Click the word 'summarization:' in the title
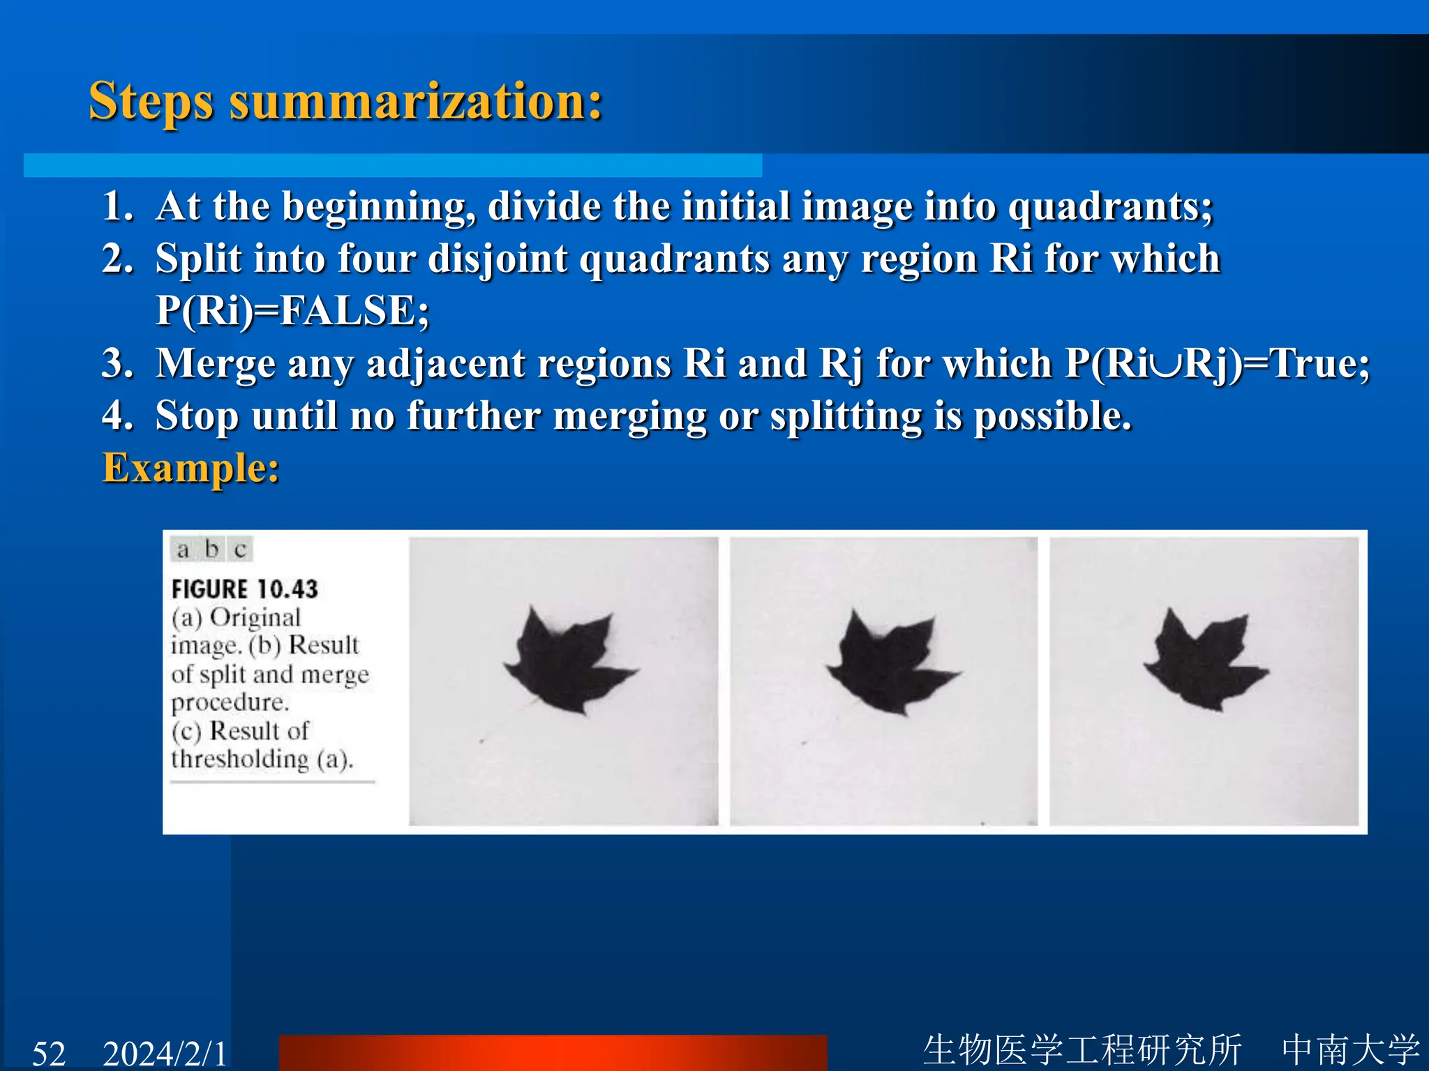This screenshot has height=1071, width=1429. (x=416, y=102)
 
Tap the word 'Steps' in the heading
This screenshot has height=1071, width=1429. (x=151, y=102)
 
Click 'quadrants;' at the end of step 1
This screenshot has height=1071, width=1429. (x=1111, y=206)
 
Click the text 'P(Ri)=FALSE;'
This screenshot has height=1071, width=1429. (x=292, y=310)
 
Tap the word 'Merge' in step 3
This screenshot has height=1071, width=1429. (x=215, y=363)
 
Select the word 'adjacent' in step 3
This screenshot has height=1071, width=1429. (x=445, y=363)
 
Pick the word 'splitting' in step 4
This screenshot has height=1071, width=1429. (x=846, y=416)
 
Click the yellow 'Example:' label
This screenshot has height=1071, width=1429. (x=190, y=467)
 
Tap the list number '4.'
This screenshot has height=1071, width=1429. (x=118, y=416)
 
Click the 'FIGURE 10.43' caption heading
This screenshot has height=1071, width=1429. (x=244, y=589)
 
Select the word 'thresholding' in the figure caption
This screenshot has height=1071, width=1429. (x=239, y=759)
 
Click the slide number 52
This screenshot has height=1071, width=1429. (x=49, y=1052)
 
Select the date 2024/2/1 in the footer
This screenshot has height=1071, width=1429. (x=165, y=1052)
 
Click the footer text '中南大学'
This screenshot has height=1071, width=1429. (x=1349, y=1049)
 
